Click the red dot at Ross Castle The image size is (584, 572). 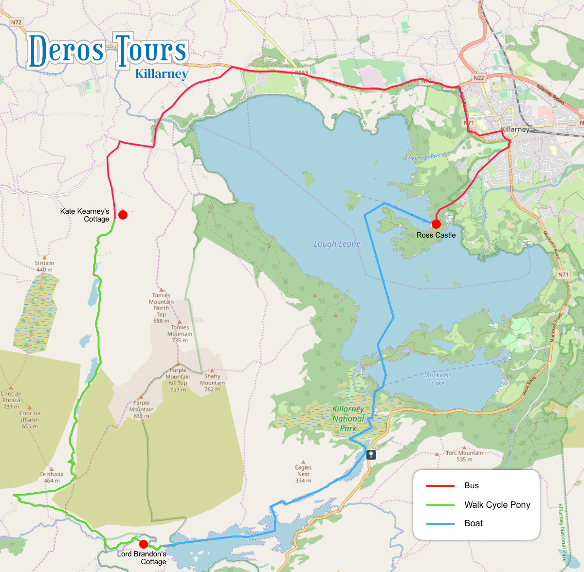coord(436,224)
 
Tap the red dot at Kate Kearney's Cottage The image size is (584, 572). coord(123,215)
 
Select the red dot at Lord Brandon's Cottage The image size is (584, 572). coord(144,544)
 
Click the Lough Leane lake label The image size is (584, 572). coord(337,244)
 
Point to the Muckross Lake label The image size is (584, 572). coord(438,379)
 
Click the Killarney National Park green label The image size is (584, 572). coord(348,419)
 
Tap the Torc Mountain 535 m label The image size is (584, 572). coord(464,456)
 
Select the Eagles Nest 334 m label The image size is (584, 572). coord(303,474)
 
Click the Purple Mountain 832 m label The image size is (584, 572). coord(141,409)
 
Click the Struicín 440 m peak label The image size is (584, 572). coord(44,266)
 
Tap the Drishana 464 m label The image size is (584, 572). coord(52,477)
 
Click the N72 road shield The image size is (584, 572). coord(17,22)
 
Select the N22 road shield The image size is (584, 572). coord(479,78)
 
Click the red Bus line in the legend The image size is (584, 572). coord(440,486)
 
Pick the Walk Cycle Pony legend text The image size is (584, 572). coord(497,505)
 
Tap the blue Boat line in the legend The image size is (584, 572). coord(440,524)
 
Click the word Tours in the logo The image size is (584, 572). coord(151,50)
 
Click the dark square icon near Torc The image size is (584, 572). coord(371,455)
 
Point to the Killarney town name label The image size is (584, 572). coord(514,129)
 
